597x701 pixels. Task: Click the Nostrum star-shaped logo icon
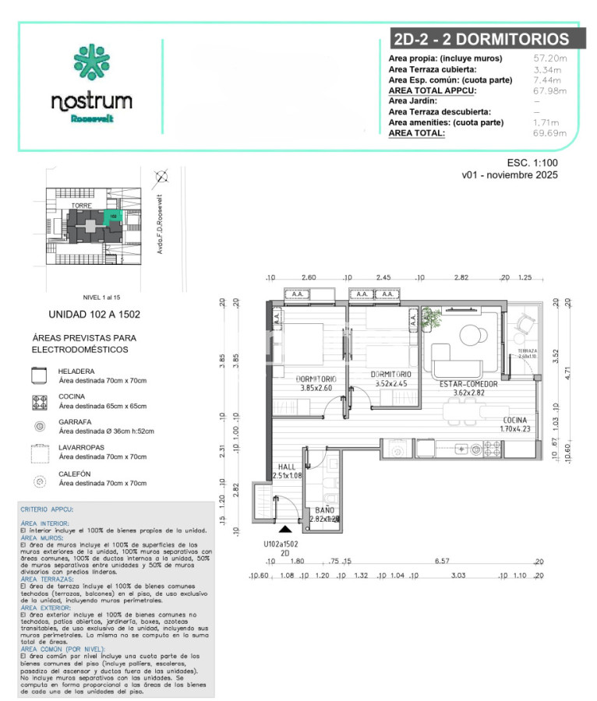click(91, 64)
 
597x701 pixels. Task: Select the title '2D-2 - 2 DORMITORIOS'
click(479, 40)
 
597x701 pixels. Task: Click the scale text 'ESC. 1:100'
click(532, 163)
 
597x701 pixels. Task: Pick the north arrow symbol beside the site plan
click(161, 176)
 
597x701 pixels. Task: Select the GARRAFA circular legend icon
click(37, 426)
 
